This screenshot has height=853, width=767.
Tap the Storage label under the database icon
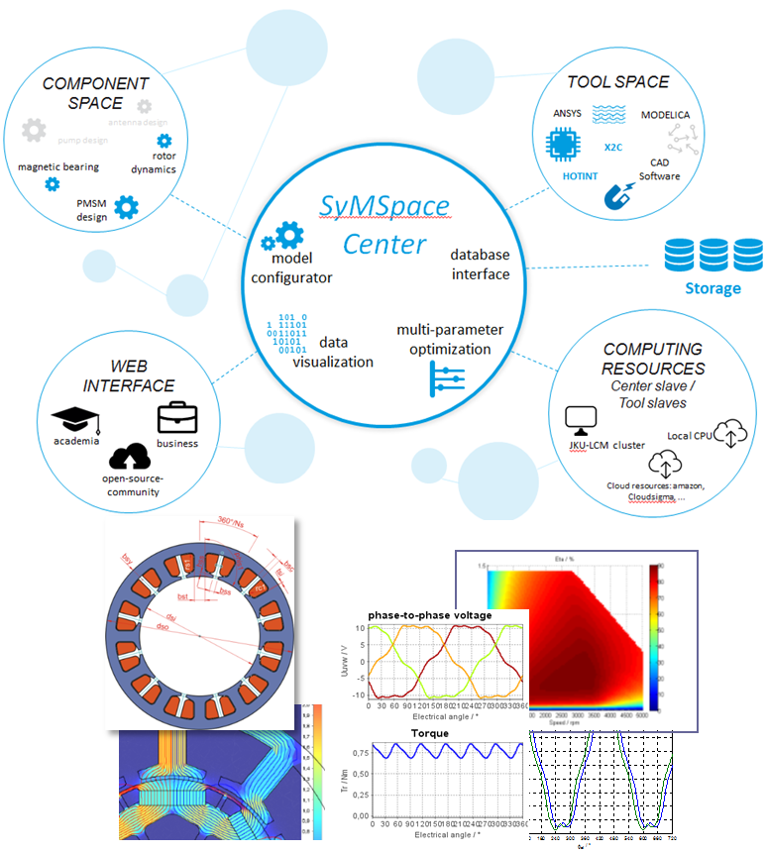tap(712, 288)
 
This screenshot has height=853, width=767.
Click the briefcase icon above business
tap(177, 417)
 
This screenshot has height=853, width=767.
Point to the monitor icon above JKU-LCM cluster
tap(578, 418)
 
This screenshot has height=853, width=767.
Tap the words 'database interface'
tap(480, 264)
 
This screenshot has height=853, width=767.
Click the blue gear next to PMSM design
tap(126, 206)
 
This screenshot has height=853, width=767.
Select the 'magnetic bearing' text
tap(58, 166)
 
